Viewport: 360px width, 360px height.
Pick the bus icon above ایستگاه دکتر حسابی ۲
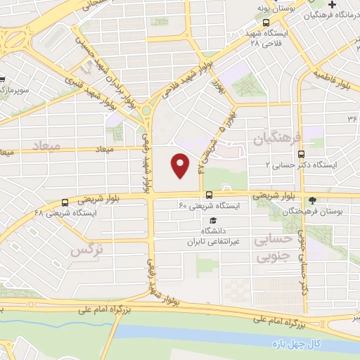coord(302,154)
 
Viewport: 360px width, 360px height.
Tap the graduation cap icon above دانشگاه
coord(213,221)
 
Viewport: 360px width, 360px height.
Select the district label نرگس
coord(83,249)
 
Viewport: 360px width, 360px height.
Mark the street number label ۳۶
coord(352,118)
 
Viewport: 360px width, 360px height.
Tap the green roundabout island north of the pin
coord(148,110)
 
